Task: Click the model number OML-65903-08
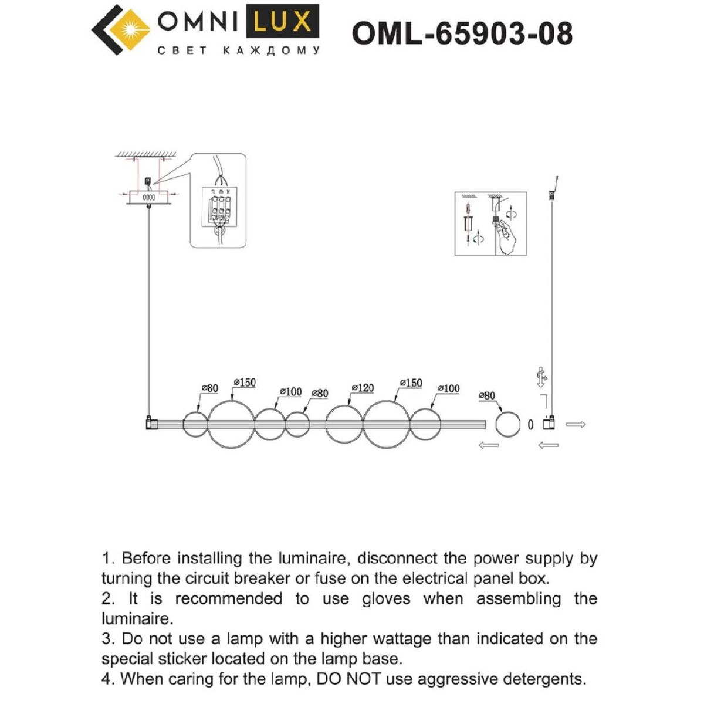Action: coord(462,33)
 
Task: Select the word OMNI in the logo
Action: coord(197,22)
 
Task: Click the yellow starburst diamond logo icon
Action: coord(132,29)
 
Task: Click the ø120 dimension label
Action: coord(363,388)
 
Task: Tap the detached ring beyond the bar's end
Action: coord(507,424)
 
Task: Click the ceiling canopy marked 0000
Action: coord(149,198)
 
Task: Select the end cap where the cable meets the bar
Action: coord(150,422)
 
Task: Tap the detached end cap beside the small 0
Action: coord(549,423)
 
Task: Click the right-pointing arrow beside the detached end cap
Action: coord(576,424)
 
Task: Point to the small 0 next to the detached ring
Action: coord(530,424)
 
